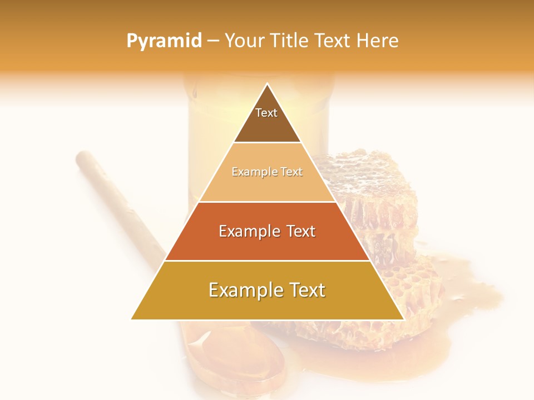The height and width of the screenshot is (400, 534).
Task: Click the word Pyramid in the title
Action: [164, 41]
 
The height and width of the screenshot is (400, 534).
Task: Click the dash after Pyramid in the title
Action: [213, 41]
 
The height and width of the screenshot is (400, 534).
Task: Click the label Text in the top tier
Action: [266, 113]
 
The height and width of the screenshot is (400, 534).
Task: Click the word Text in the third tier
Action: [298, 231]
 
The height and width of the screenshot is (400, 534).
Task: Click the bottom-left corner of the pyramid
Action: [132, 319]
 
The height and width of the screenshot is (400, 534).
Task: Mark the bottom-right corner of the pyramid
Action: [403, 319]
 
